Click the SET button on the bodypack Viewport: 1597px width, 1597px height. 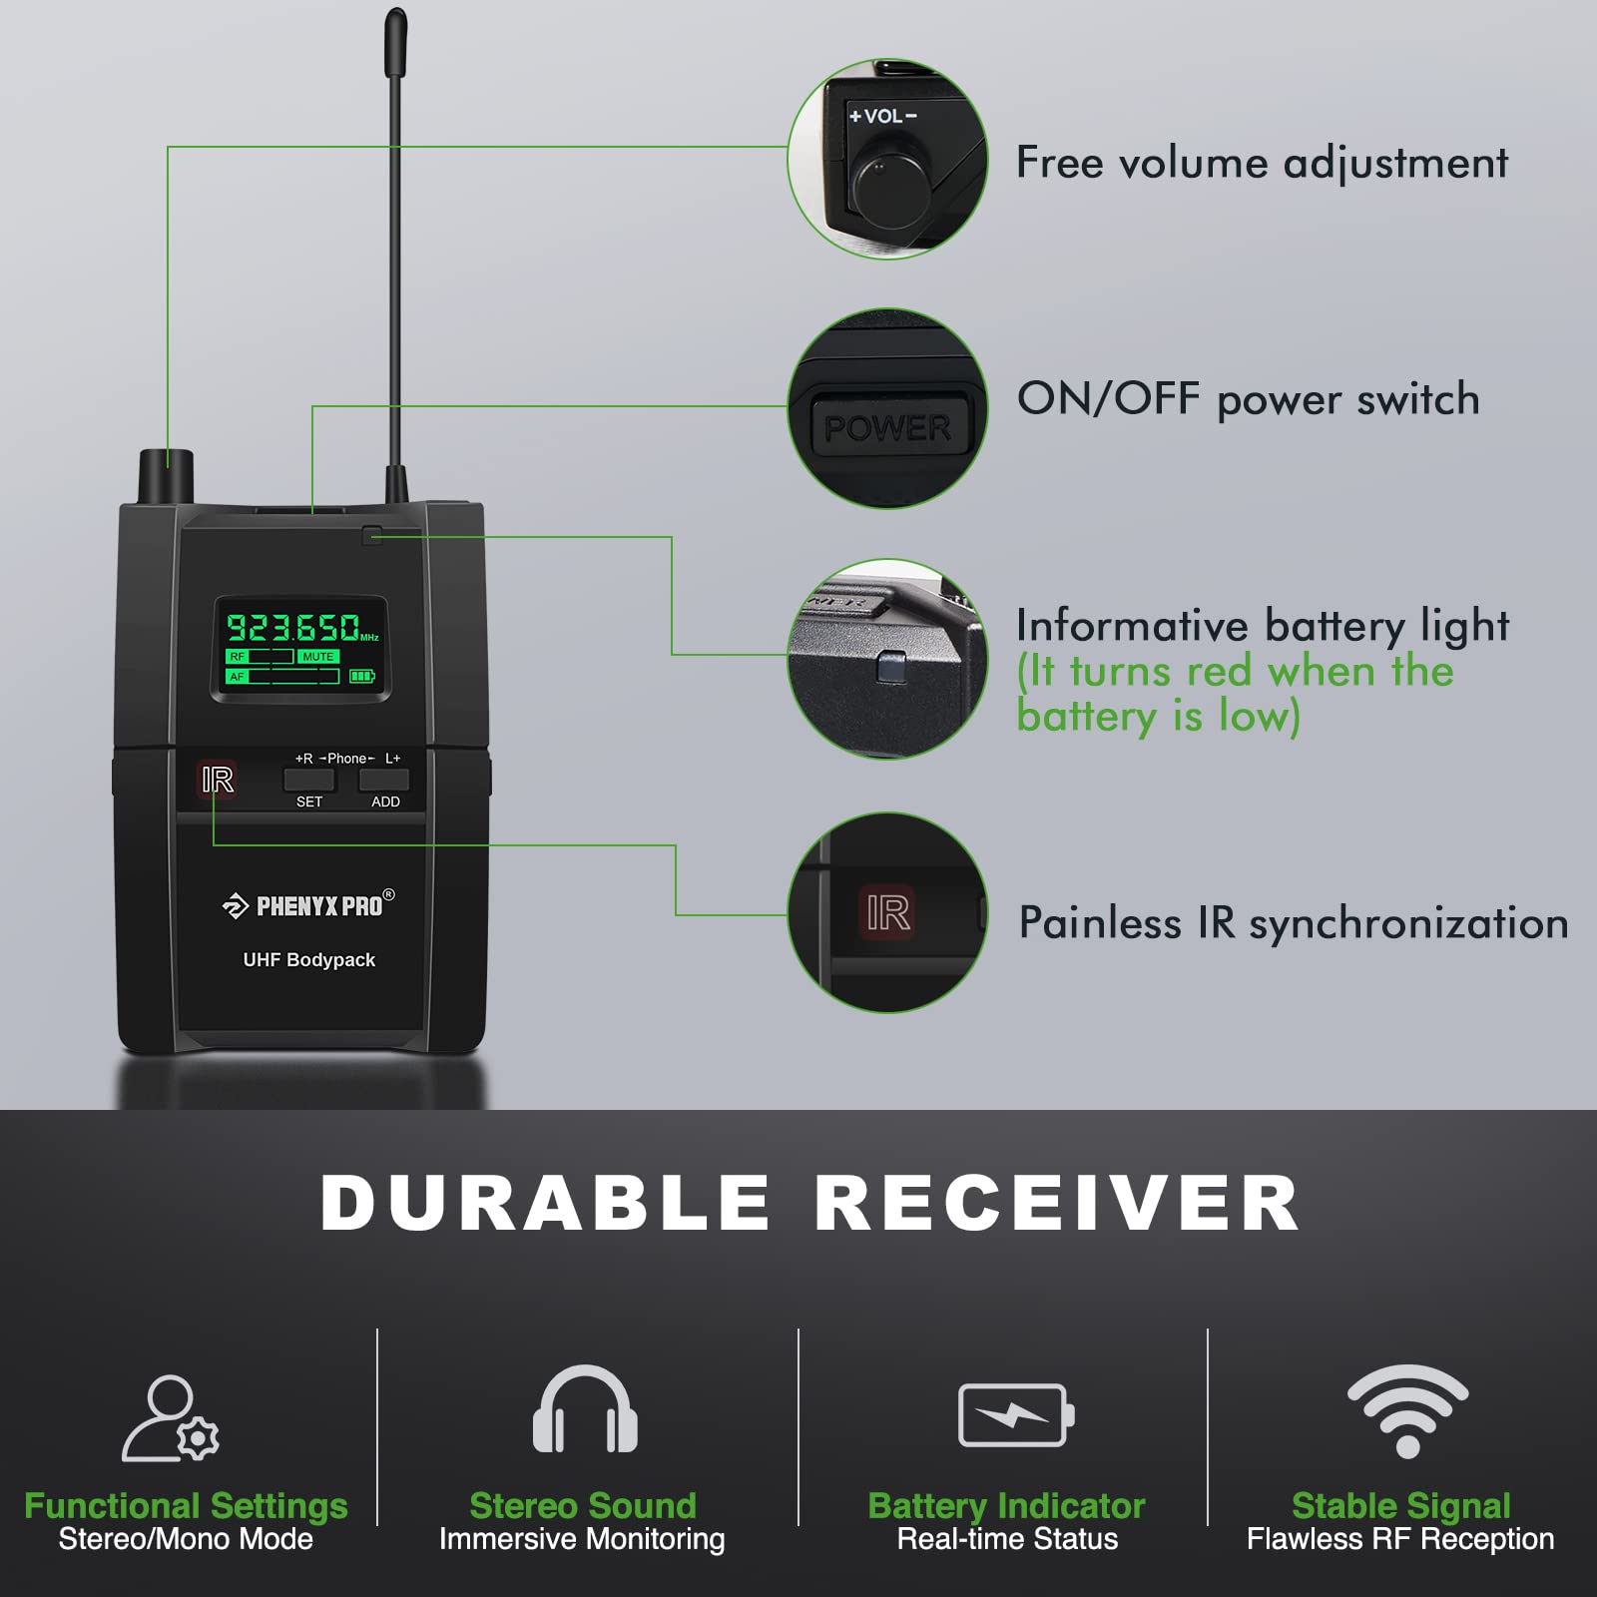(x=308, y=780)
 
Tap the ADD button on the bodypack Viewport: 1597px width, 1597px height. (x=384, y=780)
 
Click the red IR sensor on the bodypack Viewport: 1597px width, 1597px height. (x=218, y=780)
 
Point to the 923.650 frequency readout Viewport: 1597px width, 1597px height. (x=295, y=627)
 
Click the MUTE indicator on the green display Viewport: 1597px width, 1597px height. (x=318, y=657)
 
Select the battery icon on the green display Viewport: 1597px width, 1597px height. (x=361, y=677)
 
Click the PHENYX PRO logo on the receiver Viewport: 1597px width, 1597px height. (x=308, y=905)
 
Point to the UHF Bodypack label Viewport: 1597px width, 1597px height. (x=309, y=960)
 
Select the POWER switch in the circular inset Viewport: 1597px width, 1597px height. (x=888, y=428)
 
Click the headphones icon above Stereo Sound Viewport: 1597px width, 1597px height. (x=585, y=1408)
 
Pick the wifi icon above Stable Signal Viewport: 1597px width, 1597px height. (x=1407, y=1409)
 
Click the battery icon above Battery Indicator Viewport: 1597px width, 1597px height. (x=1016, y=1414)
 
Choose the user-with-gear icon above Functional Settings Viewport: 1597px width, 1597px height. (x=170, y=1419)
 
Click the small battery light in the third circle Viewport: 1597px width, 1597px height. (x=890, y=667)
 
